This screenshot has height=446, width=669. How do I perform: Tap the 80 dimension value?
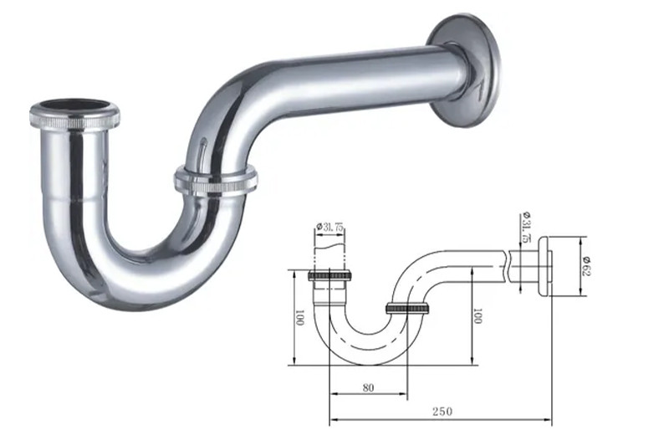[368, 386]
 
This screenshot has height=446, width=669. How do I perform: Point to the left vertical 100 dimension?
[299, 317]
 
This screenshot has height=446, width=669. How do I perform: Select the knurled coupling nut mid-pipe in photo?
[216, 180]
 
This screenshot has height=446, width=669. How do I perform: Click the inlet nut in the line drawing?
[334, 275]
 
